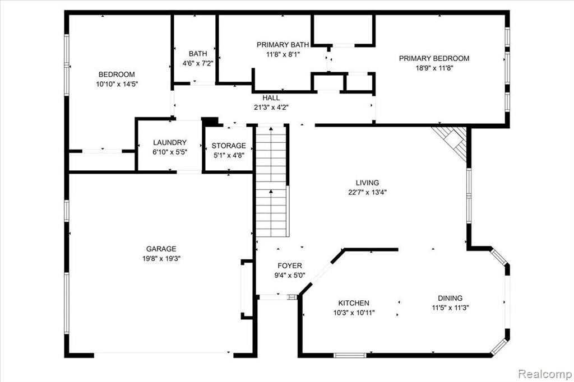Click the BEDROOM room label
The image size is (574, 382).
(x=117, y=74)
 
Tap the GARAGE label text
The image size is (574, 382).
(x=161, y=249)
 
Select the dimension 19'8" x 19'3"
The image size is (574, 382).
(x=161, y=258)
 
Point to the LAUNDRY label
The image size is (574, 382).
(x=170, y=142)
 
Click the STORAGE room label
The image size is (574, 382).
(x=229, y=146)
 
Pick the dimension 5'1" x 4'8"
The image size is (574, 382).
(x=229, y=155)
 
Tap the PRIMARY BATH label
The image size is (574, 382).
(x=283, y=45)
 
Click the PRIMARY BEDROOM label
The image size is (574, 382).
(x=434, y=58)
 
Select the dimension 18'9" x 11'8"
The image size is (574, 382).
(x=434, y=68)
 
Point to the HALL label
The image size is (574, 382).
(x=271, y=97)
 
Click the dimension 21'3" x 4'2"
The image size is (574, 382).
(x=271, y=107)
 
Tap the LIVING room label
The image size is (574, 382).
(x=368, y=183)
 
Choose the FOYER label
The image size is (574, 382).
(x=290, y=265)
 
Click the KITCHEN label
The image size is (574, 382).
(x=354, y=303)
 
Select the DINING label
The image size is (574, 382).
(x=450, y=298)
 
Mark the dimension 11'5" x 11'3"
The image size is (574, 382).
(x=450, y=308)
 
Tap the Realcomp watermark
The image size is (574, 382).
(x=545, y=374)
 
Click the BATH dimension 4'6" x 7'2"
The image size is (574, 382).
(x=198, y=63)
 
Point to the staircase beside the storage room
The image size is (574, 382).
(x=271, y=181)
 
